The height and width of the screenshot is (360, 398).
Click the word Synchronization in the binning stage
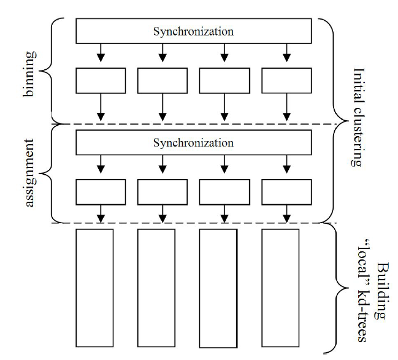pyautogui.click(x=193, y=31)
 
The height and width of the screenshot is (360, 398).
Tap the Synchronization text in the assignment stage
pyautogui.click(x=193, y=143)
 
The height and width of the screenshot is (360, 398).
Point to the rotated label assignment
pyautogui.click(x=29, y=173)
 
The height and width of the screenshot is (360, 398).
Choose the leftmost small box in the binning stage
pyautogui.click(x=101, y=80)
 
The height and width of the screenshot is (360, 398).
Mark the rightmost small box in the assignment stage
pyautogui.click(x=286, y=192)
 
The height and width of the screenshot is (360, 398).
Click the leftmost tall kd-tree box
pyautogui.click(x=94, y=288)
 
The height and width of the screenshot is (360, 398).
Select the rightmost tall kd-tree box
pyautogui.click(x=280, y=288)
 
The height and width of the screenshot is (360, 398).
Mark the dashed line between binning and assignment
pyautogui.click(x=194, y=124)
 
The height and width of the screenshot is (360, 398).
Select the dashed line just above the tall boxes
pyautogui.click(x=194, y=223)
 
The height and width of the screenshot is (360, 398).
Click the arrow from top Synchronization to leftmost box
pyautogui.click(x=101, y=53)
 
